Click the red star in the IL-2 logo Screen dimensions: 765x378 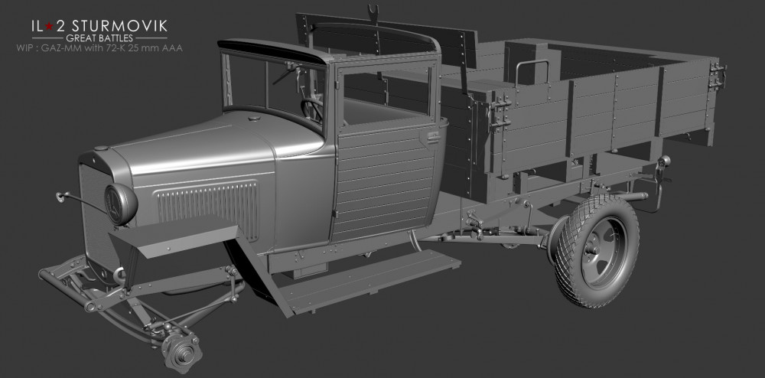(x=48, y=26)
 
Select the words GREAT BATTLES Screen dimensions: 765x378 (x=99, y=38)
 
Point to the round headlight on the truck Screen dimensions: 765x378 (x=121, y=204)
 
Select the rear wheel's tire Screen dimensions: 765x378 (x=597, y=250)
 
